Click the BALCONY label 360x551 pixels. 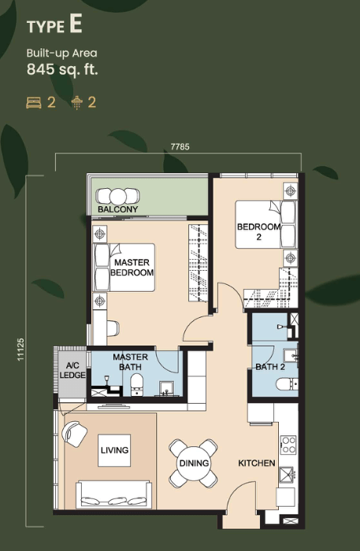(x=118, y=209)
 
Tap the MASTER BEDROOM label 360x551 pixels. (x=132, y=268)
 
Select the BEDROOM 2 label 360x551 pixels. (x=258, y=231)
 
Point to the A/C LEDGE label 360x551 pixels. (x=72, y=371)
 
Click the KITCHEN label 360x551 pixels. (x=257, y=463)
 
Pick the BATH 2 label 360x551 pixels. (x=270, y=367)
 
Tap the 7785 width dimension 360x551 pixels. (x=180, y=146)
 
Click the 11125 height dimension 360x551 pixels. (x=20, y=349)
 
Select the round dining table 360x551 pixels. (x=194, y=463)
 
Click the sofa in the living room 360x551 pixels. (x=114, y=494)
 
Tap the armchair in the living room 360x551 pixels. (x=74, y=434)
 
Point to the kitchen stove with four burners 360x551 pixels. (x=288, y=445)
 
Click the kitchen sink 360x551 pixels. (x=287, y=475)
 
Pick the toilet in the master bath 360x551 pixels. (x=137, y=384)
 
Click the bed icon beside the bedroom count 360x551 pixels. (x=34, y=102)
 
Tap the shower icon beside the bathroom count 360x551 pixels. (x=76, y=102)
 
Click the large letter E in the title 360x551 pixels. (x=76, y=25)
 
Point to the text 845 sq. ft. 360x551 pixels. (x=62, y=69)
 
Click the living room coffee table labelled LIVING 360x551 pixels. (x=114, y=450)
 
